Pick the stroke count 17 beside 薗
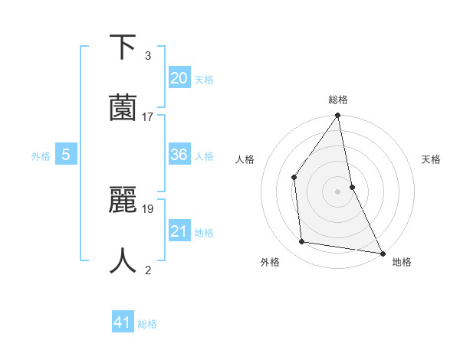(148, 117)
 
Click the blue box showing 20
(179, 77)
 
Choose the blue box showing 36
(179, 155)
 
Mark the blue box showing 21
(179, 231)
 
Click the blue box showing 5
(66, 155)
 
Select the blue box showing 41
(123, 322)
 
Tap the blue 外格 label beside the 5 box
(41, 156)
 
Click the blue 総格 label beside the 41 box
(147, 324)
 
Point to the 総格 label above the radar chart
(338, 100)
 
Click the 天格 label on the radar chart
(431, 159)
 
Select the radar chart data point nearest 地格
(382, 252)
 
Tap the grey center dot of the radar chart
(338, 191)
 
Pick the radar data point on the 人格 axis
(294, 177)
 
